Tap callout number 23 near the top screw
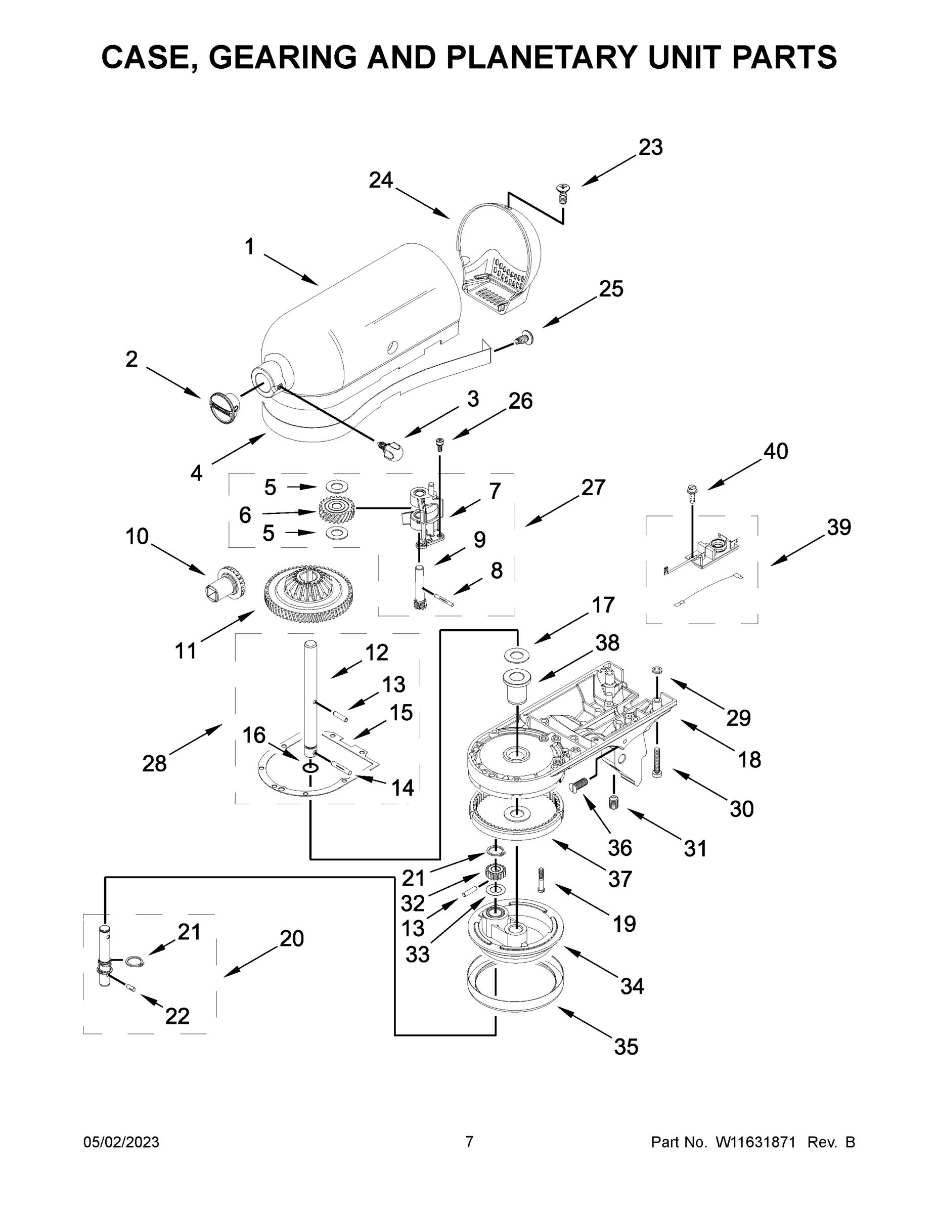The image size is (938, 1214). coord(650,147)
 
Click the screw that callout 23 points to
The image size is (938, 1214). coord(561,194)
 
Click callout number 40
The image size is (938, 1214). coord(775,451)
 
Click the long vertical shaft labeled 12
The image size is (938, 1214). coord(310,695)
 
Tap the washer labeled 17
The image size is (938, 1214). coord(516,656)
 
